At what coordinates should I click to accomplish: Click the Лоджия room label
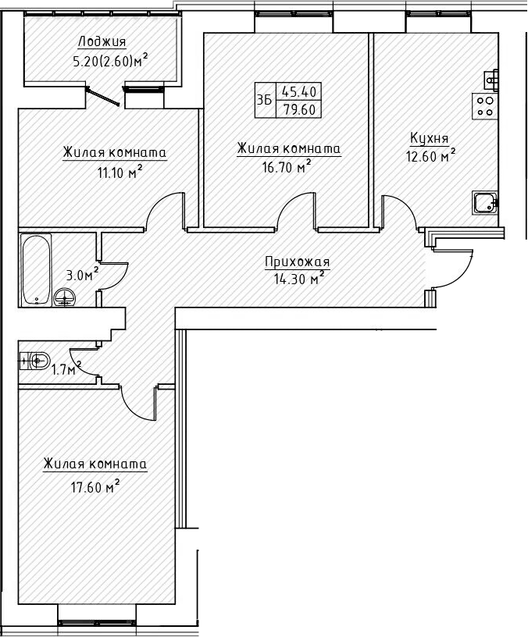pyautogui.click(x=102, y=41)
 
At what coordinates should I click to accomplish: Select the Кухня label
pyautogui.click(x=429, y=138)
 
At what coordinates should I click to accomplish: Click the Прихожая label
pyautogui.click(x=298, y=262)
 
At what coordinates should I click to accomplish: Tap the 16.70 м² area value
pyautogui.click(x=284, y=165)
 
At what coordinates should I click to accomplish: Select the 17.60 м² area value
pyautogui.click(x=90, y=488)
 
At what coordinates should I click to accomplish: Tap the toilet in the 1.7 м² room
pyautogui.click(x=36, y=360)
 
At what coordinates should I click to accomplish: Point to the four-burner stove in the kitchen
pyautogui.click(x=485, y=106)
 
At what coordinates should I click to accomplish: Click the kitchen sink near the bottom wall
pyautogui.click(x=483, y=203)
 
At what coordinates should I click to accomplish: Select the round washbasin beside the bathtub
pyautogui.click(x=66, y=296)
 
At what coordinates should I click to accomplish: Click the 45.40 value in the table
pyautogui.click(x=299, y=91)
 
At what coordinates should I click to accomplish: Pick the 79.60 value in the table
pyautogui.click(x=299, y=109)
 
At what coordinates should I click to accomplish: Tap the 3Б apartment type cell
pyautogui.click(x=264, y=100)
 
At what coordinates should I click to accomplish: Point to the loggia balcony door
pyautogui.click(x=104, y=96)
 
